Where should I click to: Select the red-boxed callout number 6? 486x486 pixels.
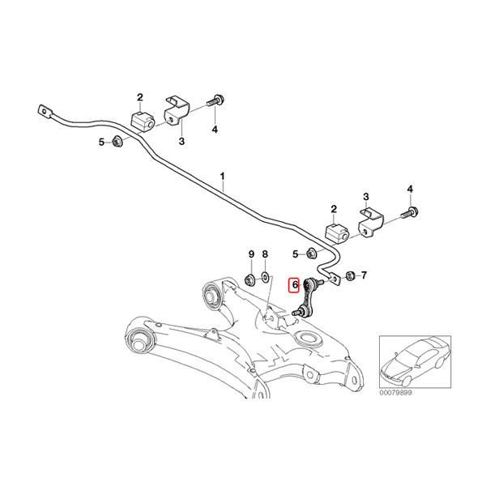click(x=296, y=285)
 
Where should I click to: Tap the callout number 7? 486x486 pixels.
click(x=363, y=275)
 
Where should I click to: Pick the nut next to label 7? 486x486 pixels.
click(x=348, y=276)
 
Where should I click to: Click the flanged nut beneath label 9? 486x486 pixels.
click(x=250, y=280)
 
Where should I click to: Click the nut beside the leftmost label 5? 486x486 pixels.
click(x=116, y=143)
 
